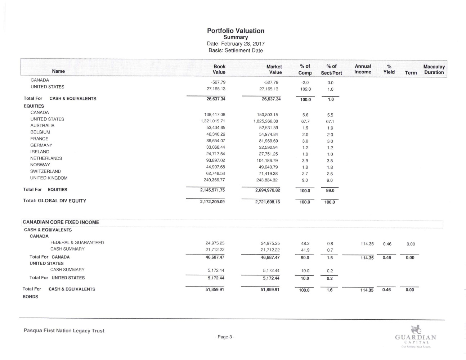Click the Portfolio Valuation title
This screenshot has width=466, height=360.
coord(236,31)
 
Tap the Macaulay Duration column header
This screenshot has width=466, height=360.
coord(434,69)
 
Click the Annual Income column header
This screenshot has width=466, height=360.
coord(363,69)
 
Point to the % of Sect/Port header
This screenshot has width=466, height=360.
coord(331,69)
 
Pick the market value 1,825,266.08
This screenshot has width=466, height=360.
coord(266,121)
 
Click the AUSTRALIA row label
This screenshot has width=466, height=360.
coord(42,126)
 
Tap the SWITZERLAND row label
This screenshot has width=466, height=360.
coord(45,171)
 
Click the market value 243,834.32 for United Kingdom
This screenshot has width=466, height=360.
coord(266,180)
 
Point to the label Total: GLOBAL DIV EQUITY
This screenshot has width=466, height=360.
coord(55,201)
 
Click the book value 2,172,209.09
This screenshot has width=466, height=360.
coord(212,202)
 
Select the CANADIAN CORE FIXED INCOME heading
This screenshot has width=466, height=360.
coord(61,222)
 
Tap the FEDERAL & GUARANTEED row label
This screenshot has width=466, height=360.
coord(77,243)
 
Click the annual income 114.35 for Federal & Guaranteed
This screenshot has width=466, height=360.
coord(367,244)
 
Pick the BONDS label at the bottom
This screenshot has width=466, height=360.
coord(30,297)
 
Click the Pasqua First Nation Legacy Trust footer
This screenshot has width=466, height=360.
coord(64,330)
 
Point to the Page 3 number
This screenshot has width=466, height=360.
coord(225,337)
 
